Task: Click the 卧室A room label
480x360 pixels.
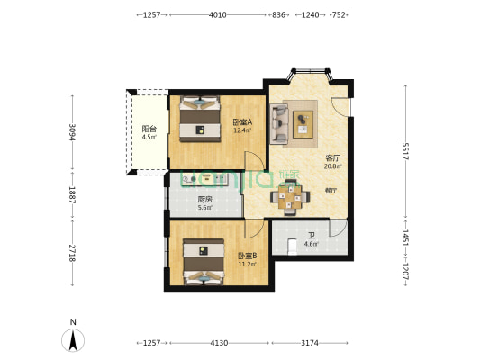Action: click(241, 123)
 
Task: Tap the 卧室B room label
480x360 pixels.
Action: click(246, 255)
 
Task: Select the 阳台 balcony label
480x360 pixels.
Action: click(149, 130)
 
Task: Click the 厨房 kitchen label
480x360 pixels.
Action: click(204, 200)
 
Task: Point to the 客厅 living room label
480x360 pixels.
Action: click(332, 157)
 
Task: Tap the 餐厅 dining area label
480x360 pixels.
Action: click(331, 190)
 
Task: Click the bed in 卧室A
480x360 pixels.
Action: click(200, 119)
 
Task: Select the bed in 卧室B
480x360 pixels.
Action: click(204, 261)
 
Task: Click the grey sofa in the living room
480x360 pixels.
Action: click(279, 124)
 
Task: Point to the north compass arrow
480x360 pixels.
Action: click(73, 339)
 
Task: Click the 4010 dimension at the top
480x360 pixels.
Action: click(217, 15)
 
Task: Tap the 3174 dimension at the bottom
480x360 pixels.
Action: click(310, 343)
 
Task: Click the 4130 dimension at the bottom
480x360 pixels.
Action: click(219, 343)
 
